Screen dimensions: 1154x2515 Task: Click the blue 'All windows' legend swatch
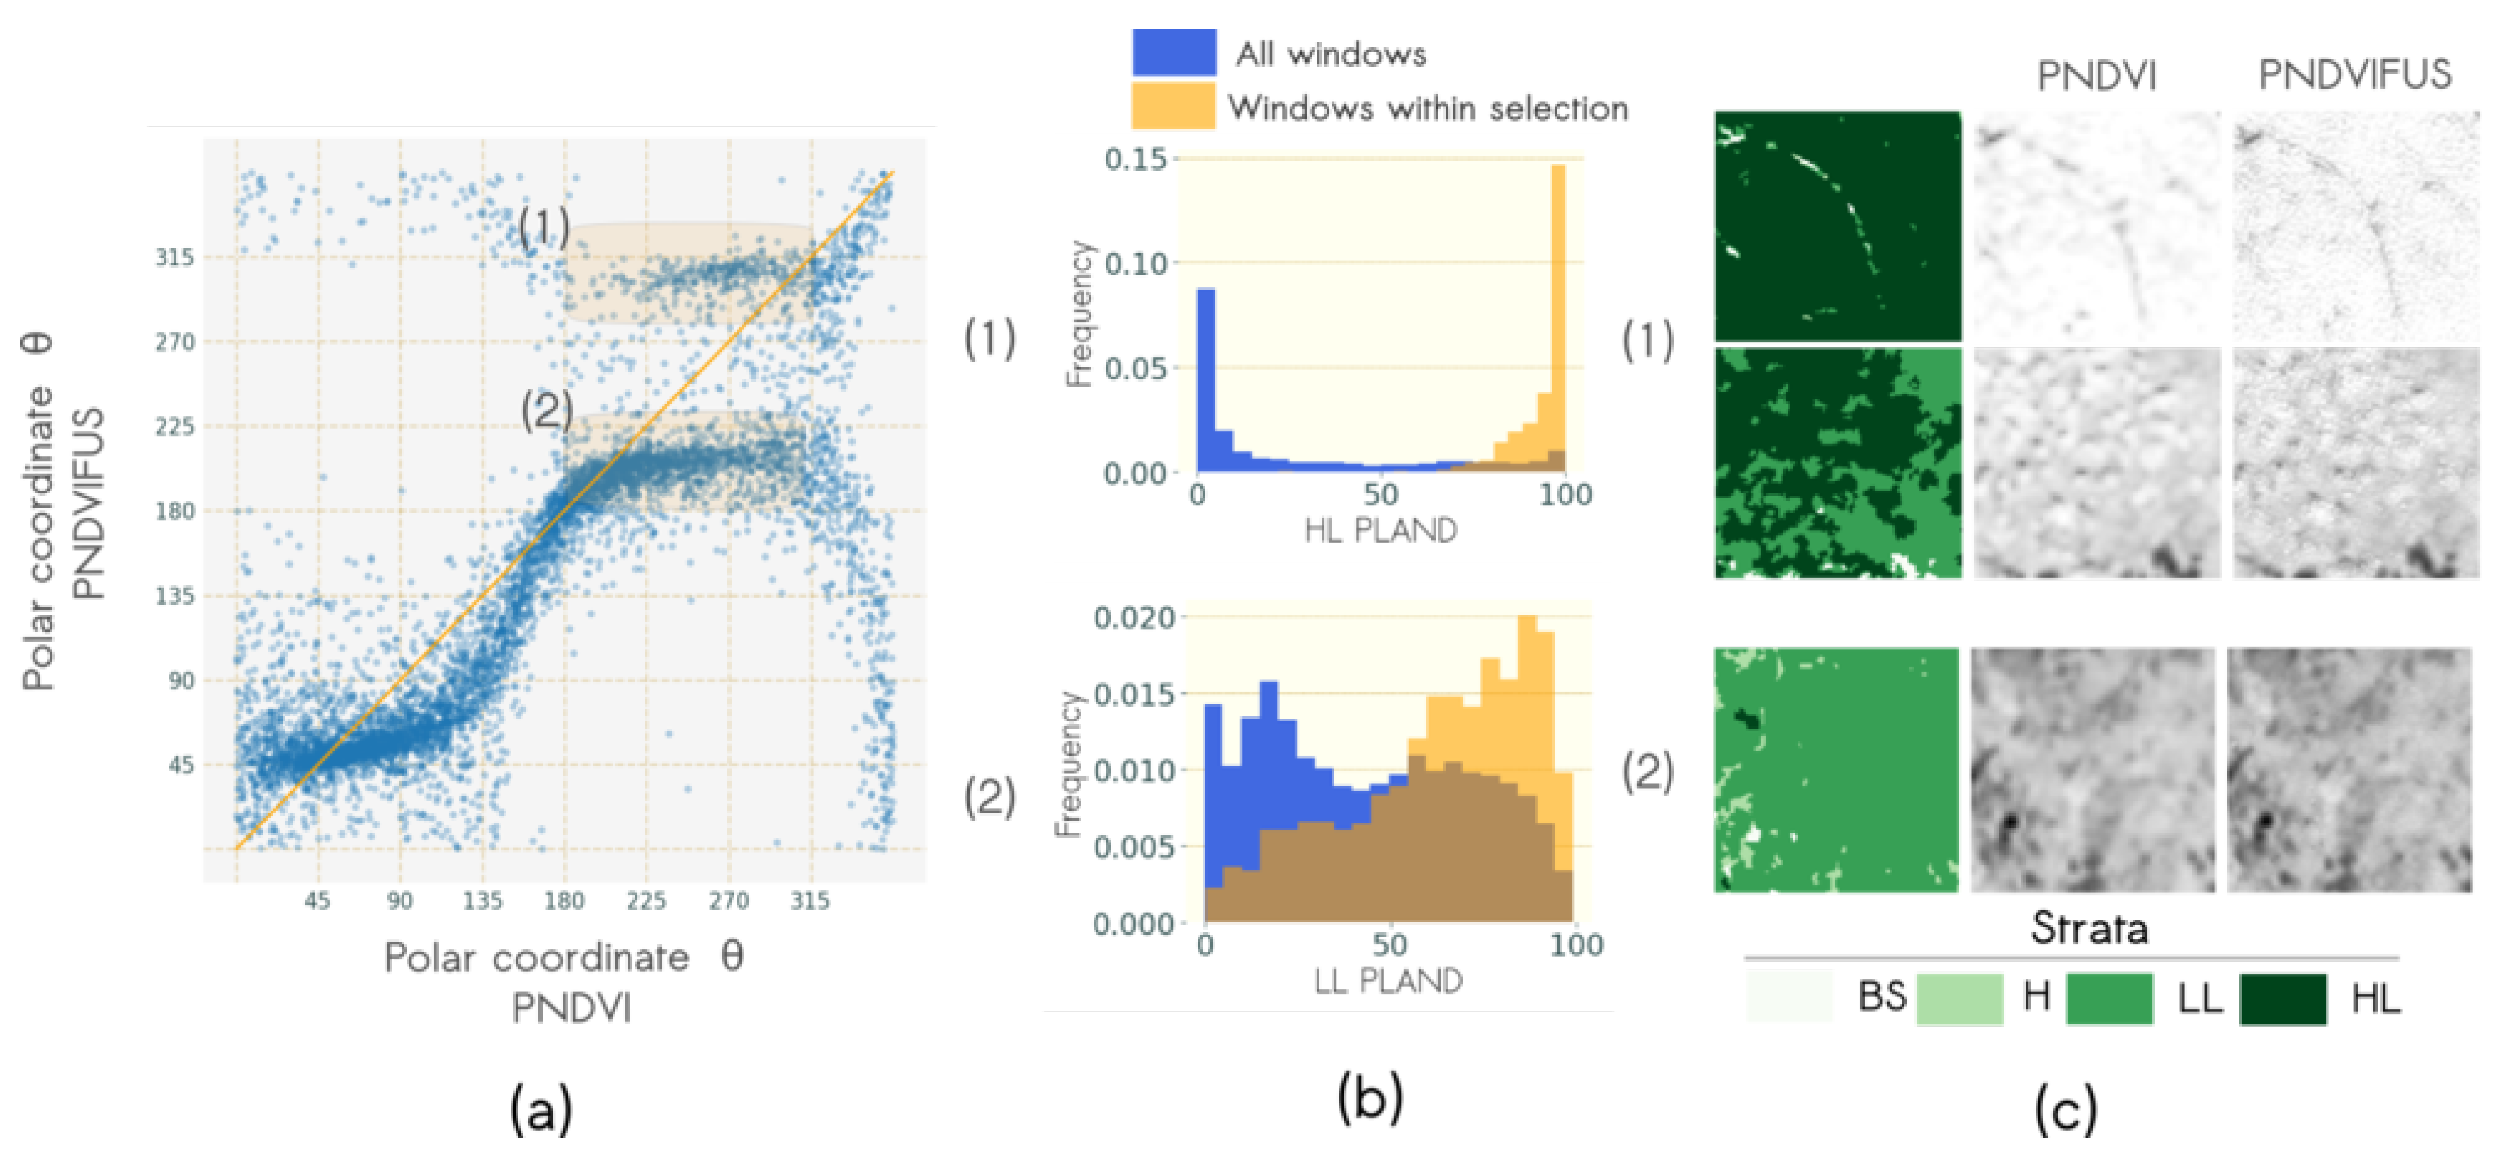click(x=1174, y=52)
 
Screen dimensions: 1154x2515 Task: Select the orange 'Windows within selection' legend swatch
click(x=1174, y=105)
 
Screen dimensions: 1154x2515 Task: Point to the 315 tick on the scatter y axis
click(x=175, y=257)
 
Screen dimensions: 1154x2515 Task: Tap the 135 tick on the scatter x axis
click(x=482, y=900)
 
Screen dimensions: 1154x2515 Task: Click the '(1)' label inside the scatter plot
click(x=544, y=227)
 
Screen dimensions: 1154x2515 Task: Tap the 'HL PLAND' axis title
click(x=1380, y=530)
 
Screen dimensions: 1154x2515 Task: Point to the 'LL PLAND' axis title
click(x=1387, y=981)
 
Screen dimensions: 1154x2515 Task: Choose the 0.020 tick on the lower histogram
click(x=1133, y=618)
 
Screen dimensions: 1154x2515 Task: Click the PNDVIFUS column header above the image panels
click(x=2354, y=74)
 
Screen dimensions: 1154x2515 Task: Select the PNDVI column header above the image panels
click(x=2096, y=75)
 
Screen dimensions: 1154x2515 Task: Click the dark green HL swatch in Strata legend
click(x=2282, y=998)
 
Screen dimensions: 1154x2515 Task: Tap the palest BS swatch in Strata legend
click(x=1788, y=998)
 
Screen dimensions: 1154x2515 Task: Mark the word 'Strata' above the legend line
click(x=2089, y=927)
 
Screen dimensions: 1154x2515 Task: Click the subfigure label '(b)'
click(x=1370, y=1097)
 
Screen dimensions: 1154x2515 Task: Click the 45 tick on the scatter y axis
click(x=181, y=765)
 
